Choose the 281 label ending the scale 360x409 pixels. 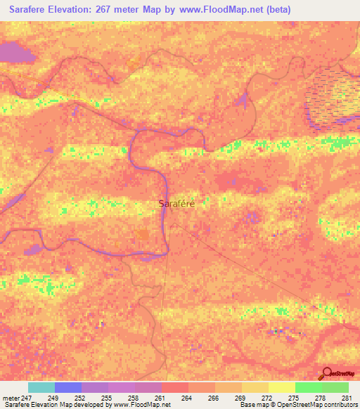(x=346, y=398)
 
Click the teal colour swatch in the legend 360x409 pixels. (x=41, y=387)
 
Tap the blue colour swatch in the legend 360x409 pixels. (x=68, y=387)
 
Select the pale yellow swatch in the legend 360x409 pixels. (x=281, y=387)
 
